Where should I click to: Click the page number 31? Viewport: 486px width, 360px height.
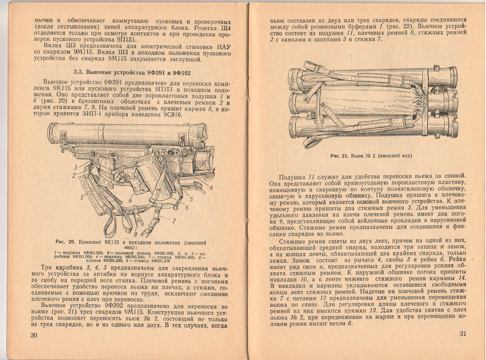point(463,334)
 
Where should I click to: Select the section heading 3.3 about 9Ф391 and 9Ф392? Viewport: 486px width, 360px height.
point(132,73)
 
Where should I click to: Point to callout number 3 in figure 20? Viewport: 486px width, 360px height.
point(76,168)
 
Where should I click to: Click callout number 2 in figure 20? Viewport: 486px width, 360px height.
point(75,175)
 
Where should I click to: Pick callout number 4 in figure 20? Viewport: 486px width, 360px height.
point(211,187)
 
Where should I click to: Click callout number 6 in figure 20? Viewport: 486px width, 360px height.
point(187,208)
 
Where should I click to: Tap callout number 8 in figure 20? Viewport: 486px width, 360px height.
point(130,200)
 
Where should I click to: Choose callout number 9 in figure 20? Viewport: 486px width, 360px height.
point(135,236)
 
